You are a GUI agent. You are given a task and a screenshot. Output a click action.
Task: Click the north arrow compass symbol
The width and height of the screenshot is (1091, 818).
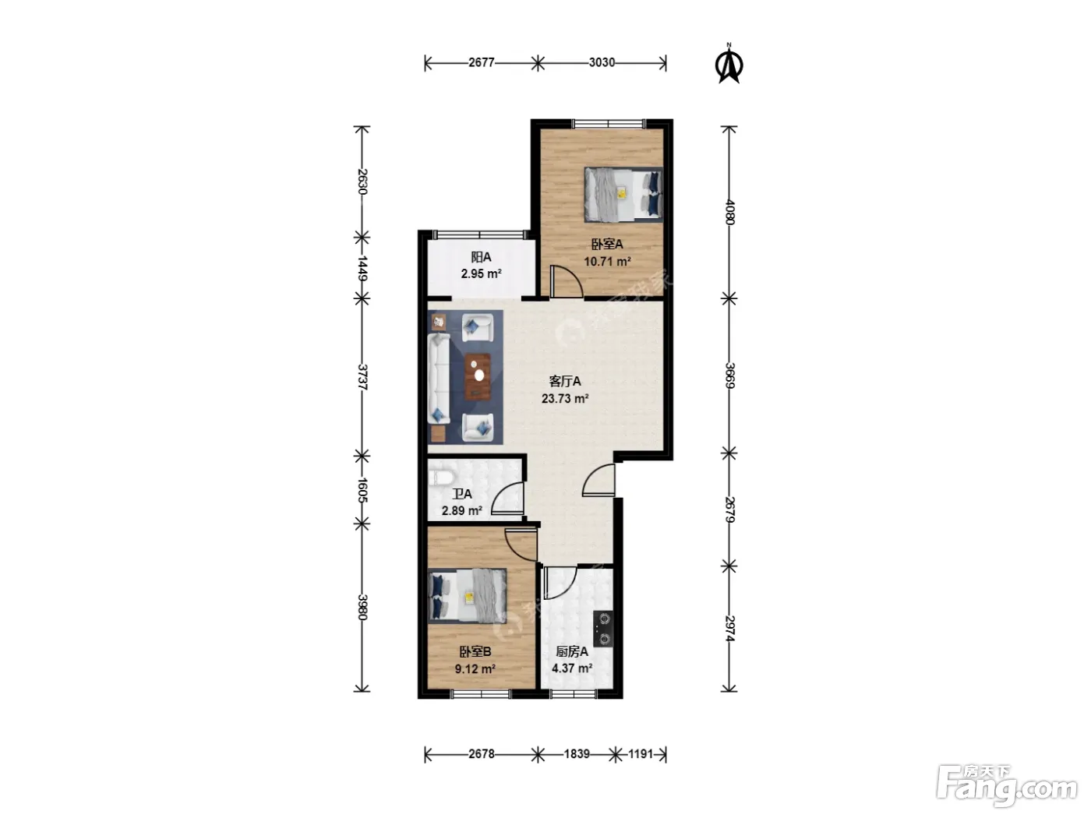point(729,64)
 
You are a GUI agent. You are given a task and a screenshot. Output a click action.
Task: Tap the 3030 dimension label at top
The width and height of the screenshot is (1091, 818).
point(602,62)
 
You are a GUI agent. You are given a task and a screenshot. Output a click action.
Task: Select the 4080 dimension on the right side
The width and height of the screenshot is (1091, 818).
point(729,212)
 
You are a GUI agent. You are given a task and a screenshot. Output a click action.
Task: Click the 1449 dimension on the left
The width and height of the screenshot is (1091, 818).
point(362,269)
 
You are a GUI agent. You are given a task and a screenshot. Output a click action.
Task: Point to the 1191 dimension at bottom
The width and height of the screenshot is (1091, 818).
point(641,754)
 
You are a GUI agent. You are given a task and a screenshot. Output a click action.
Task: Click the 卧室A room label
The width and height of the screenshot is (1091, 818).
point(607,245)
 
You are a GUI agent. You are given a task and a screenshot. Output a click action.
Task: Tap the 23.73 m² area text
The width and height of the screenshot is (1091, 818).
point(565,398)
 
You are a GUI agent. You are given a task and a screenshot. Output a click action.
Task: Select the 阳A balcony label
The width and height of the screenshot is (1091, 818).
point(481,257)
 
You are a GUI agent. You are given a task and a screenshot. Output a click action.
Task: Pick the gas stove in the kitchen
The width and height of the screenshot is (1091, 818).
point(603,629)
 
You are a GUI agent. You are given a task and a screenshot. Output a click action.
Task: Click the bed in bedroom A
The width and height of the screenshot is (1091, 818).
point(623,194)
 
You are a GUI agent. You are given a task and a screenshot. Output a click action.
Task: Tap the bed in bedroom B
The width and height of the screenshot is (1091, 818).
point(468,595)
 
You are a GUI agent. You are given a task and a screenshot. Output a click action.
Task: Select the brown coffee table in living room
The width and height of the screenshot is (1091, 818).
point(478,377)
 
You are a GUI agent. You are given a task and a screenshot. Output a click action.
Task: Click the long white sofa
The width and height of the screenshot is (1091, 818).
point(440,379)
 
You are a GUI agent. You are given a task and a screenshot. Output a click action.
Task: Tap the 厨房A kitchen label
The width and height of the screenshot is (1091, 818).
point(571,651)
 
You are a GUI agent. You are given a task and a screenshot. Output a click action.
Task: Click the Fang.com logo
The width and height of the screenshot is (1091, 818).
point(1008,785)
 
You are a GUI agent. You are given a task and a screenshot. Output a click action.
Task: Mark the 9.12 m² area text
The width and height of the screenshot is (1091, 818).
point(475,668)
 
